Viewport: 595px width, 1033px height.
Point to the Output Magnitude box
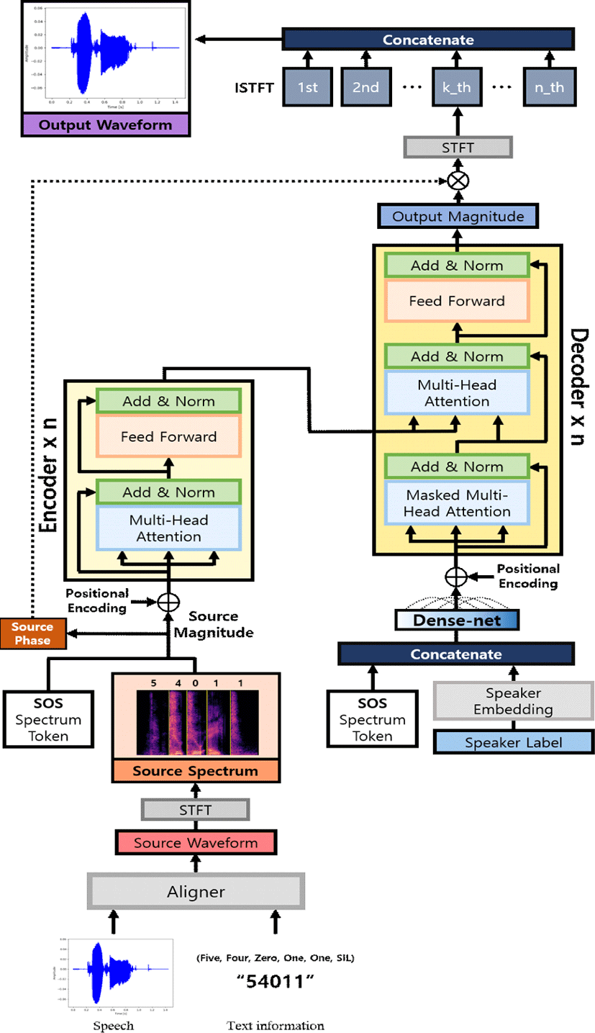coord(457,215)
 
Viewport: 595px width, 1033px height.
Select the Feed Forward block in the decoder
coord(457,300)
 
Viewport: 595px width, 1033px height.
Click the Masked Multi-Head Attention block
coord(457,503)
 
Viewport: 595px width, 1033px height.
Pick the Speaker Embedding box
coord(513,700)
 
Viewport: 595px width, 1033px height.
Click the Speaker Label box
coord(513,742)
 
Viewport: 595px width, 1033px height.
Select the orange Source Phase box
coord(32,633)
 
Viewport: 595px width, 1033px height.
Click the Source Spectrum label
coord(195,770)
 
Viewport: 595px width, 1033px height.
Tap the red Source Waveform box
coord(195,842)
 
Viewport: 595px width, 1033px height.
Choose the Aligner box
coord(195,892)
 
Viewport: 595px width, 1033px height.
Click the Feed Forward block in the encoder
coord(168,436)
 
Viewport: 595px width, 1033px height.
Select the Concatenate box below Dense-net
coord(457,654)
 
